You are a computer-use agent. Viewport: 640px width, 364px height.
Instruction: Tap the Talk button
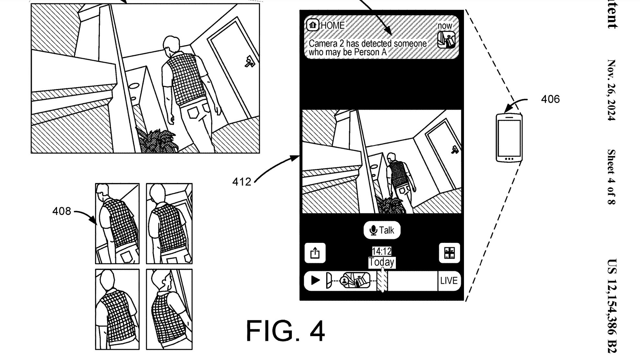pyautogui.click(x=382, y=230)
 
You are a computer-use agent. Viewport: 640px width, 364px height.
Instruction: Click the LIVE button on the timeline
pyautogui.click(x=449, y=281)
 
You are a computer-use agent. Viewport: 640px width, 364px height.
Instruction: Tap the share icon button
pyautogui.click(x=315, y=253)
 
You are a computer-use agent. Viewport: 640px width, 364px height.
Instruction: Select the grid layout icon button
pyautogui.click(x=449, y=253)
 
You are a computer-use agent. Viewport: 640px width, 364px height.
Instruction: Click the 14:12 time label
pyautogui.click(x=382, y=251)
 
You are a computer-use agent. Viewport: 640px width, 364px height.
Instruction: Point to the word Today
pyautogui.click(x=382, y=262)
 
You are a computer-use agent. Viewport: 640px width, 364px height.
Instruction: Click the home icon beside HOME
pyautogui.click(x=313, y=25)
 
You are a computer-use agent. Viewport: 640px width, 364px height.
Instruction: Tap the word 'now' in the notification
pyautogui.click(x=444, y=26)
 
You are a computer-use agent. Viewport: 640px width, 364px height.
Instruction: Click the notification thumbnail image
pyautogui.click(x=446, y=40)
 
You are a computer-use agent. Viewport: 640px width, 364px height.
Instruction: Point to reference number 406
pyautogui.click(x=550, y=99)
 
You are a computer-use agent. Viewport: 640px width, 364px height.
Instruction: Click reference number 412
pyautogui.click(x=242, y=182)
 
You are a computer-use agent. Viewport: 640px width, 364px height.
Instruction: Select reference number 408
pyautogui.click(x=62, y=211)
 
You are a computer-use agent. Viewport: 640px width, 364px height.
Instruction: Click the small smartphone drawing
pyautogui.click(x=509, y=138)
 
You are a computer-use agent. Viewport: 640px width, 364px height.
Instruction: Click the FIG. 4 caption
pyautogui.click(x=285, y=331)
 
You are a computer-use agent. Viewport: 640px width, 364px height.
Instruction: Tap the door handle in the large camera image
pyautogui.click(x=250, y=62)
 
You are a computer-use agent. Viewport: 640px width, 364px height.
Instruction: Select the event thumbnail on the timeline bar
pyautogui.click(x=356, y=280)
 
